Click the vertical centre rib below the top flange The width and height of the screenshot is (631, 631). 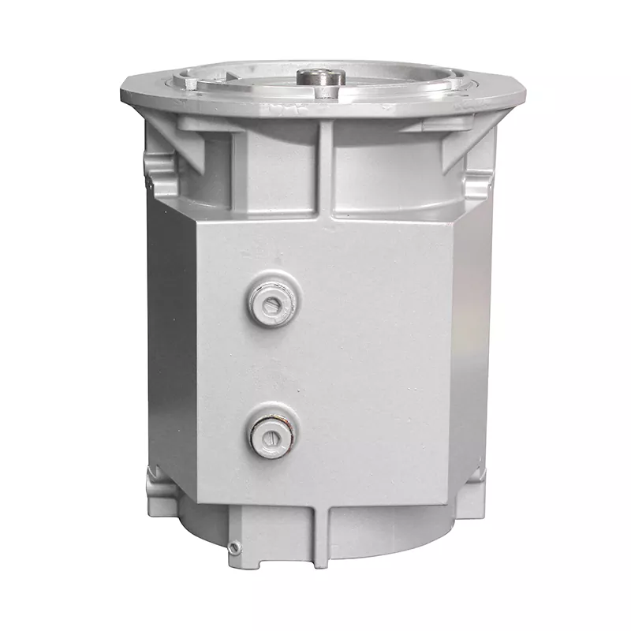coord(326,170)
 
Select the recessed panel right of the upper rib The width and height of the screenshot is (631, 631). coord(386,177)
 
